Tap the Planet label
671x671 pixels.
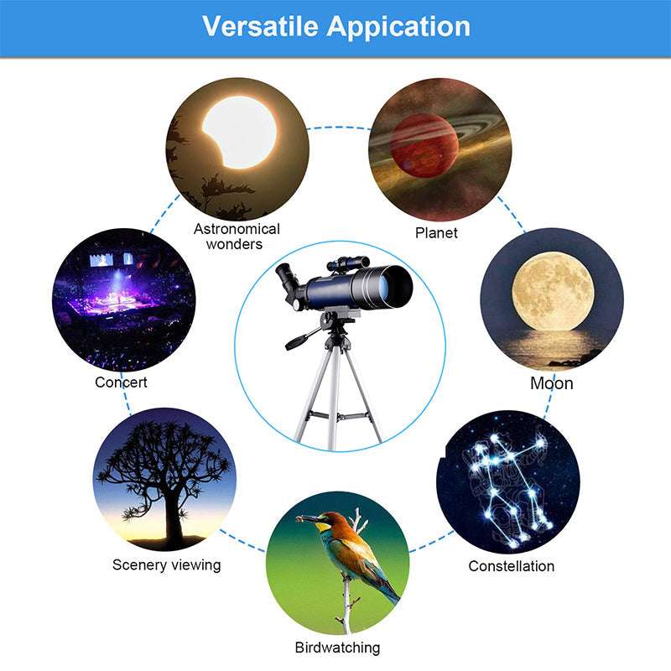436,232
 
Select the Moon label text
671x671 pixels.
552,383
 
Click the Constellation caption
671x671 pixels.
511,566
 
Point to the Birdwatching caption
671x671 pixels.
337,648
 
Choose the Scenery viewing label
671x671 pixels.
166,564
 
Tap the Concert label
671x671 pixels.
121,382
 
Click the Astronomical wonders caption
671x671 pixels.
237,236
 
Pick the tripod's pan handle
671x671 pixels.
301,340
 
